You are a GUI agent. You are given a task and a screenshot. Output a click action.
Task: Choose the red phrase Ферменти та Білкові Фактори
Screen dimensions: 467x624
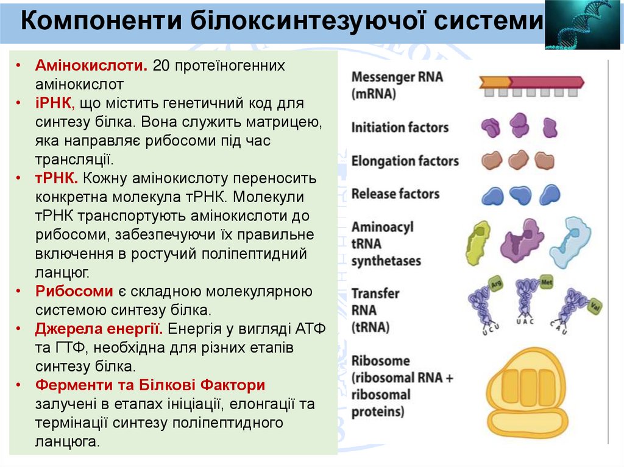pyautogui.click(x=150, y=385)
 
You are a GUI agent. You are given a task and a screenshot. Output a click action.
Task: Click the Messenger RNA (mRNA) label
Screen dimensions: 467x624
pyautogui.click(x=397, y=85)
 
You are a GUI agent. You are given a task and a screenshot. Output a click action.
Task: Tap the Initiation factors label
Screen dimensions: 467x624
pyautogui.click(x=400, y=128)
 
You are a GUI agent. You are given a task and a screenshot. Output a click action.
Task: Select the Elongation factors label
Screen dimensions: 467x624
pyautogui.click(x=405, y=161)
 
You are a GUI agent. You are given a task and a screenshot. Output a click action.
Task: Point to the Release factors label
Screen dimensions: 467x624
pyautogui.click(x=395, y=194)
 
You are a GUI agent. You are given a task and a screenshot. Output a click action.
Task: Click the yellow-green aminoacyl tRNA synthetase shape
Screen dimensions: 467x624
pyautogui.click(x=478, y=242)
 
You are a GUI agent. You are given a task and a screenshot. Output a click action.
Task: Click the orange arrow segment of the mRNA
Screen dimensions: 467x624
pyautogui.click(x=494, y=82)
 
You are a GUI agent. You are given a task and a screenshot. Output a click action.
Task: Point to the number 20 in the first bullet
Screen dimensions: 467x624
pyautogui.click(x=161, y=65)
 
